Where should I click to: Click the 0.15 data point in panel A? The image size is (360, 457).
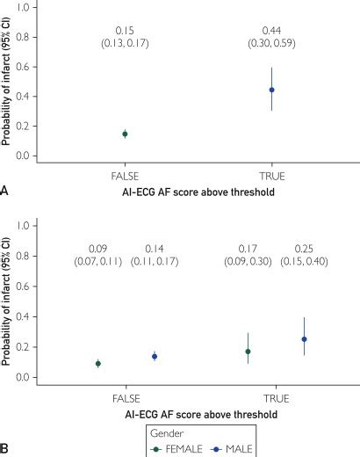click(125, 134)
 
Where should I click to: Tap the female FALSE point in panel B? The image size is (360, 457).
click(98, 363)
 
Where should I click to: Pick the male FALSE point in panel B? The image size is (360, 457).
click(154, 356)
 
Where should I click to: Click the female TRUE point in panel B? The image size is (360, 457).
click(248, 352)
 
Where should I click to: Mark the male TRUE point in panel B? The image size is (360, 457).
click(304, 339)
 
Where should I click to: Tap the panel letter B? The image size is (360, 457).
click(6, 448)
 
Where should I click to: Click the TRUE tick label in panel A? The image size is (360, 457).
click(271, 175)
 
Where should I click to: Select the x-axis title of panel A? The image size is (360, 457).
click(198, 191)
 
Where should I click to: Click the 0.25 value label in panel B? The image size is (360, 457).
click(304, 248)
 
